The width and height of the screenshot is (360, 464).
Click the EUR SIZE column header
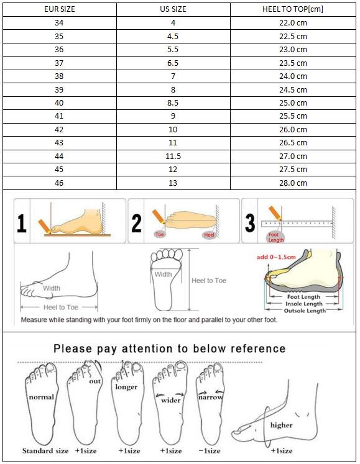pos(59,9)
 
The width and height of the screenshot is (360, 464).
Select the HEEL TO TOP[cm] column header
pos(293,9)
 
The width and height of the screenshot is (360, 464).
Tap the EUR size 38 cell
pos(59,76)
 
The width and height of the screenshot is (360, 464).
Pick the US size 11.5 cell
pos(173,156)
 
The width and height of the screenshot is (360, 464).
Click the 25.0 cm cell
pos(293,103)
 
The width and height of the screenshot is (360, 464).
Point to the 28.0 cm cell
pos(293,183)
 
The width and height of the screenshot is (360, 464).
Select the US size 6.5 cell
pos(173,63)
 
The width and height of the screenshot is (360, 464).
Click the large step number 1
pos(21,222)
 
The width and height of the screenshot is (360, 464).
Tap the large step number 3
pos(250,222)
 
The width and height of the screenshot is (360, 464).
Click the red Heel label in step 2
pos(208,235)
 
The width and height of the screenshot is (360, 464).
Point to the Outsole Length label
pos(305,311)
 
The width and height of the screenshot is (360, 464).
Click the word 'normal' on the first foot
pos(40,397)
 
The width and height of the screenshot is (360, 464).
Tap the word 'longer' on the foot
pos(126,387)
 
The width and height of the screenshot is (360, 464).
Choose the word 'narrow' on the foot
pos(210,396)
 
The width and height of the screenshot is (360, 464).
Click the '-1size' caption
pos(209,450)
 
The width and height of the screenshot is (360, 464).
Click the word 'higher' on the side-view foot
pos(281,425)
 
